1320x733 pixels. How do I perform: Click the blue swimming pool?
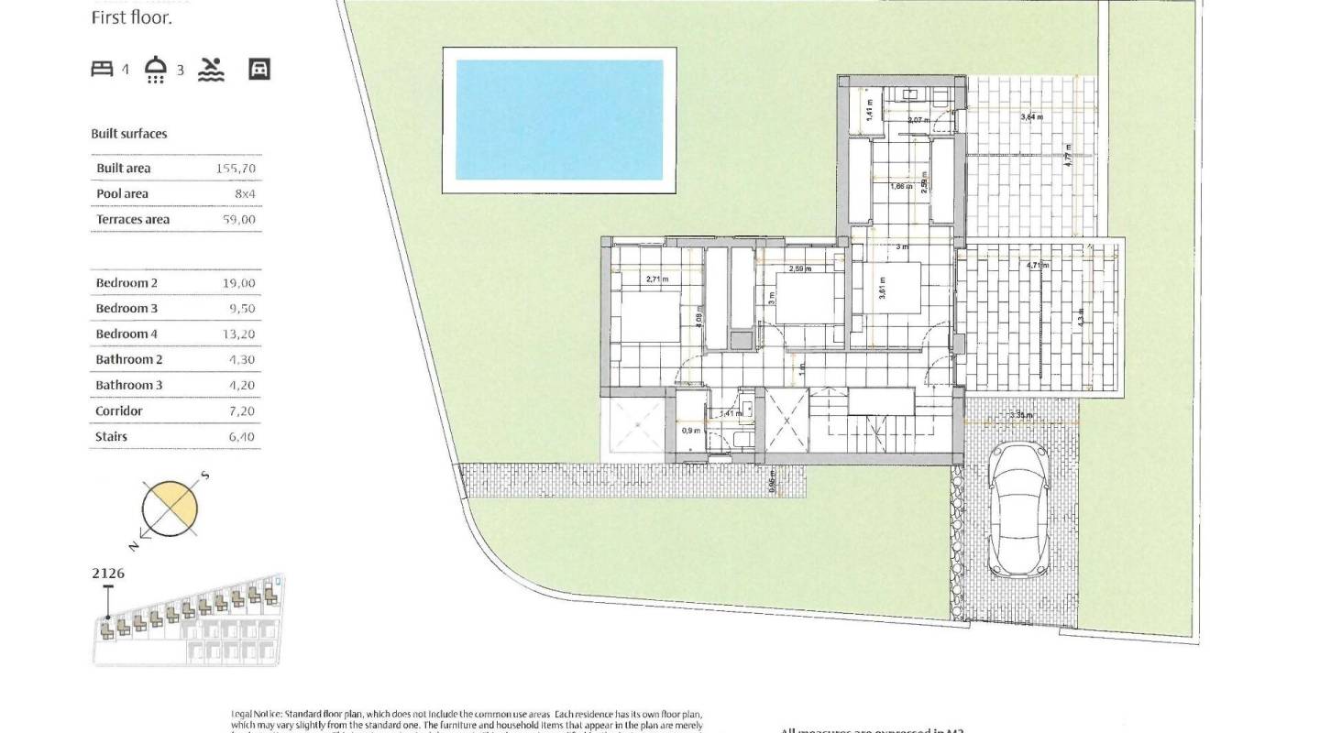(x=558, y=120)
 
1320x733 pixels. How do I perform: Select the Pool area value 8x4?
(x=244, y=194)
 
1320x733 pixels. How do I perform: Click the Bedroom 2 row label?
(x=126, y=283)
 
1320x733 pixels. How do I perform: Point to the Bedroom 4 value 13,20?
(x=239, y=334)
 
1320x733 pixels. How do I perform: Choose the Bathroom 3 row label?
(x=128, y=386)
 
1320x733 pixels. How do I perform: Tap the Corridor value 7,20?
(x=241, y=411)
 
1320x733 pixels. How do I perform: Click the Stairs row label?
(x=111, y=437)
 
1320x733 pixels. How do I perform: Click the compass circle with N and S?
(x=170, y=509)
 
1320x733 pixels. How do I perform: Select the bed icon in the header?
(x=102, y=69)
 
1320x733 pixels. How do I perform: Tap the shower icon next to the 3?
(x=156, y=70)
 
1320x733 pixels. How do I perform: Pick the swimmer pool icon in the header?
(x=211, y=69)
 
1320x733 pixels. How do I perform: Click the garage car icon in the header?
(x=259, y=69)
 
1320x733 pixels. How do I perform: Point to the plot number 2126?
(x=108, y=574)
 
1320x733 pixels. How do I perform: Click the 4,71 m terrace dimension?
(x=1037, y=265)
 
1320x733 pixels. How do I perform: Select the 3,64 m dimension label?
(x=1031, y=117)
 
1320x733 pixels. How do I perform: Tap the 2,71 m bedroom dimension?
(x=657, y=279)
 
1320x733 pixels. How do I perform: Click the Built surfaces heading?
(x=129, y=134)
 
